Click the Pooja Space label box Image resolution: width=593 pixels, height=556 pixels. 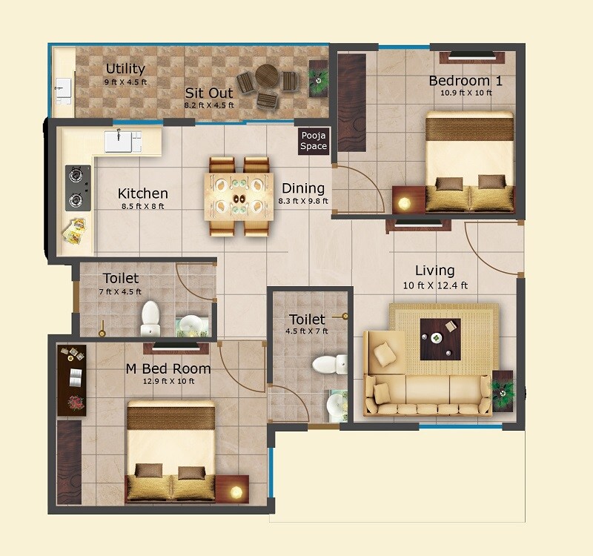313,141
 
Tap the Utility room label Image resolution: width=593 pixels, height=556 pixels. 125,69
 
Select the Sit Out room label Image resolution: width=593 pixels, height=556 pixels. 208,93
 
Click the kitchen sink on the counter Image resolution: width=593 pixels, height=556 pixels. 123,140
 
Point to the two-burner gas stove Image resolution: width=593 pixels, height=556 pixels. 77,188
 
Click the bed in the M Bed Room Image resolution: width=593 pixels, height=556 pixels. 170,452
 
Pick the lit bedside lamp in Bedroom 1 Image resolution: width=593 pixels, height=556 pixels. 405,202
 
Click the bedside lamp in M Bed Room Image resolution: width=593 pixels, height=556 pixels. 236,492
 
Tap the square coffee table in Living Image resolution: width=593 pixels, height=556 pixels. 440,339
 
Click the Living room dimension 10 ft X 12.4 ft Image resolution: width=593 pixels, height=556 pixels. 434,285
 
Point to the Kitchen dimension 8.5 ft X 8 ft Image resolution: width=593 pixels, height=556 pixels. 142,206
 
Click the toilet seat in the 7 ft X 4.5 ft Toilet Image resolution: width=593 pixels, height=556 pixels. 150,317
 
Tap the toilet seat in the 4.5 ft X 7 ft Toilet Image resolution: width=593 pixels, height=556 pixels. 328,364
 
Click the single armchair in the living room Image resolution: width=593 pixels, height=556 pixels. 382,349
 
